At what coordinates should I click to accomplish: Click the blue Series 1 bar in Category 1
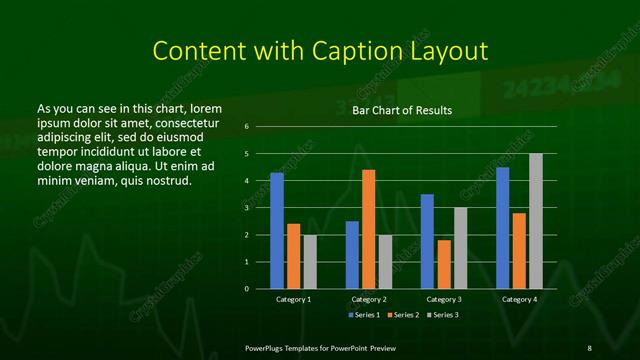(x=277, y=231)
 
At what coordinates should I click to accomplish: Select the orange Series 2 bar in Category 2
(x=368, y=229)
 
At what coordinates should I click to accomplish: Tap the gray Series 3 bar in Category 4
(x=535, y=221)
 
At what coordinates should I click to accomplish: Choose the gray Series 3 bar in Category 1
(x=310, y=261)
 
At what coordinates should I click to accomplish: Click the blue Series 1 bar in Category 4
(x=502, y=228)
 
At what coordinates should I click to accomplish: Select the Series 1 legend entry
(x=364, y=315)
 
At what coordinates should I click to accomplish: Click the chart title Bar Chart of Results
(x=403, y=110)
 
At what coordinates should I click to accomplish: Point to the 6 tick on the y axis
(x=246, y=127)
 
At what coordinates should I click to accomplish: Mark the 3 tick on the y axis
(x=246, y=208)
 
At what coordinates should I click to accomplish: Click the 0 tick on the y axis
(x=246, y=289)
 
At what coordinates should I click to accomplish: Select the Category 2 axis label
(x=368, y=299)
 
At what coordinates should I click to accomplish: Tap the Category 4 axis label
(x=518, y=299)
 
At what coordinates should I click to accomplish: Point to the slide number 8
(x=589, y=347)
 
